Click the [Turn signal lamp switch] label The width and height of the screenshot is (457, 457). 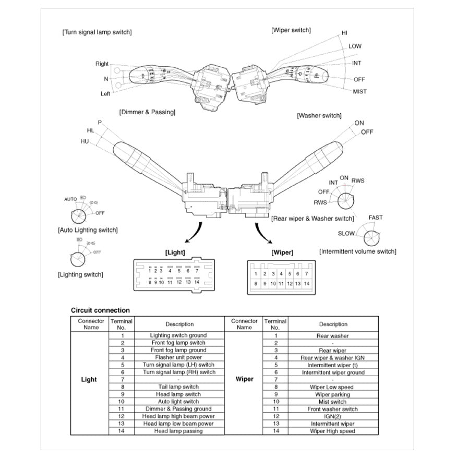coord(97,32)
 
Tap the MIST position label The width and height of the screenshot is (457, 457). coord(359,91)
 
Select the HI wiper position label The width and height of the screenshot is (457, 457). coord(344,32)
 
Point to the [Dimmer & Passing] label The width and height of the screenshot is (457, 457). coord(147,112)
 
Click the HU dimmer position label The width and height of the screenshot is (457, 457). coord(85,141)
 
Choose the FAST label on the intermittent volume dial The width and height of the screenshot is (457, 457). coord(375,218)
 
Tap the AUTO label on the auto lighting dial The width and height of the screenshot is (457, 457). coord(70,199)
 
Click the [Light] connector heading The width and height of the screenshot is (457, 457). coord(175,252)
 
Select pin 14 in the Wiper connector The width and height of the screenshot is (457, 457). coord(306,284)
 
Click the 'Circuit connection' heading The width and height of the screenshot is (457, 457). coord(100,310)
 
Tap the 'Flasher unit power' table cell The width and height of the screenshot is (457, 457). coord(178,357)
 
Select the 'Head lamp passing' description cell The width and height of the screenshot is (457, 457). coord(178,431)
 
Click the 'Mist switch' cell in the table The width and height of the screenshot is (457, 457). coord(332,402)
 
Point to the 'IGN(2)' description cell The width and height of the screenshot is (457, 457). coord(332,416)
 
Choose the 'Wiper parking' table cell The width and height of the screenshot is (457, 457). coord(332,394)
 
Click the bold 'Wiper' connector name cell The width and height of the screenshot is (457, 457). coord(244,379)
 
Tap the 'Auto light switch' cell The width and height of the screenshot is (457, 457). coord(178,402)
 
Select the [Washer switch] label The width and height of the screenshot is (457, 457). coord(319,115)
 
